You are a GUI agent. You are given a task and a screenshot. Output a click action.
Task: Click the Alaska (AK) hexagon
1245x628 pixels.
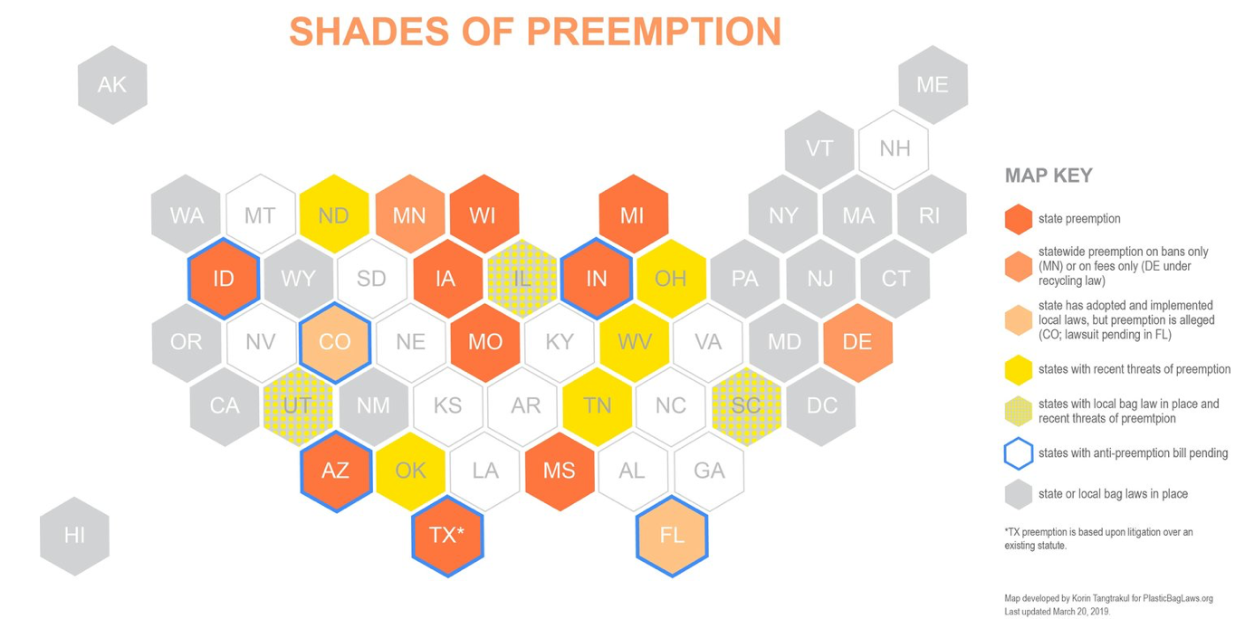(112, 85)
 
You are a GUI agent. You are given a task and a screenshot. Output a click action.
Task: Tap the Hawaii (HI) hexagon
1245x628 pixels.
(74, 536)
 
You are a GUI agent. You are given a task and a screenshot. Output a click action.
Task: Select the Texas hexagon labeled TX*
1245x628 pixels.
(448, 536)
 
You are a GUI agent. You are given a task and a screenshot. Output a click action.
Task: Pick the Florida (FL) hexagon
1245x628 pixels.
(672, 536)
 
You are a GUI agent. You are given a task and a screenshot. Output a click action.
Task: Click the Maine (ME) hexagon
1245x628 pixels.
(934, 85)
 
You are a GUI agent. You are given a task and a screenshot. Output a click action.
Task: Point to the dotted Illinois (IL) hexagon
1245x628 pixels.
(522, 278)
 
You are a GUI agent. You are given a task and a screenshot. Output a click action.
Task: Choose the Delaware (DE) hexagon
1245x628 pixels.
(858, 342)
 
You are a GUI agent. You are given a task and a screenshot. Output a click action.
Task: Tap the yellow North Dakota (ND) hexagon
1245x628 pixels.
(334, 214)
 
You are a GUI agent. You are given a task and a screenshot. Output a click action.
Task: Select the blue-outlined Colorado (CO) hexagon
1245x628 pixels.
(335, 342)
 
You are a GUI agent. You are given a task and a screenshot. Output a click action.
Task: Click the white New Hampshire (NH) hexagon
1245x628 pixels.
(894, 148)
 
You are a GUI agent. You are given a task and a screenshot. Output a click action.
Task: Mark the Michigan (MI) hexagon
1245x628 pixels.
(634, 214)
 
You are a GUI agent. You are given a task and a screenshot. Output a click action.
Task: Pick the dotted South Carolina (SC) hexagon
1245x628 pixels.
(746, 406)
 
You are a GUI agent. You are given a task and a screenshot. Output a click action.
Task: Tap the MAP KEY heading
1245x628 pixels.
(1049, 176)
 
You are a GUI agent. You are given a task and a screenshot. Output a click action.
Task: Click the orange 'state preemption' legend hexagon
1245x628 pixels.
(1019, 219)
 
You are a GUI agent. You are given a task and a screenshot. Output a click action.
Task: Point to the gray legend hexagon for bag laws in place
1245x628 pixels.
(1019, 494)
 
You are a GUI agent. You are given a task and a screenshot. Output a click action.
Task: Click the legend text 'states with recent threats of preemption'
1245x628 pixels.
(1135, 369)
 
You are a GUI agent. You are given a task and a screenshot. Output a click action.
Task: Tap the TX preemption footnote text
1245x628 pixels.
(1098, 538)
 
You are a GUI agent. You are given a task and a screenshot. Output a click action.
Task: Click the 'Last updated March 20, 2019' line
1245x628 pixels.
(1058, 612)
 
